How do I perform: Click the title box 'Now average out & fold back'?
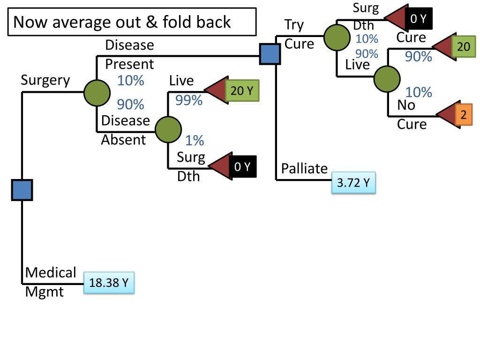point(132,22)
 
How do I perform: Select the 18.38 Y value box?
point(109,283)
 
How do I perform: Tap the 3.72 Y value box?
point(354,183)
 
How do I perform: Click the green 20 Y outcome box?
point(241,90)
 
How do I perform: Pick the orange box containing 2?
point(463,114)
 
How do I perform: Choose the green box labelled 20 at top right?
point(463,46)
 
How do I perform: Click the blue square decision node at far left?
point(22,190)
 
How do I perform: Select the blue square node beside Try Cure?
point(270,54)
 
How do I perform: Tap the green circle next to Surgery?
point(97,92)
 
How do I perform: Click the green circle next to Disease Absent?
point(168,130)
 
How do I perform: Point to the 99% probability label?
point(189,100)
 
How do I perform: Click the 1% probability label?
point(194,140)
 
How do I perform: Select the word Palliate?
point(304,168)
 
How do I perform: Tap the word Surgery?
point(45,80)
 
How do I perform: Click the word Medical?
point(51,272)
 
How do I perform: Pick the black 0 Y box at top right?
point(419,19)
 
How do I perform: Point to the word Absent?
point(123,139)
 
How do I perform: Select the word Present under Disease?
point(129,64)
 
